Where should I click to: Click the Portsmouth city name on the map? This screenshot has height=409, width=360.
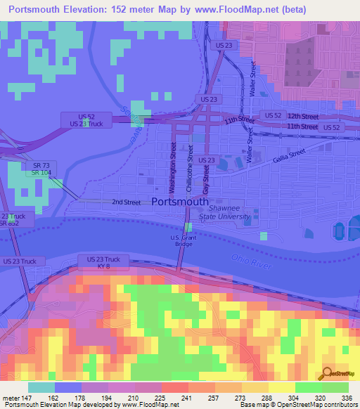[x=180, y=201]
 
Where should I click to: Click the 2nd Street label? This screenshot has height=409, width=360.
[x=126, y=202]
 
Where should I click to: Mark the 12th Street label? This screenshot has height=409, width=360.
[x=303, y=115]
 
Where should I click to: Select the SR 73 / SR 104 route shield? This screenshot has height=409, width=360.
[x=39, y=169]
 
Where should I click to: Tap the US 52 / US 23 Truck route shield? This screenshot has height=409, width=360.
[x=86, y=119]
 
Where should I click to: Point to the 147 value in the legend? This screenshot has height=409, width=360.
[x=28, y=397]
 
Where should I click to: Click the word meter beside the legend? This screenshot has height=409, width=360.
[x=10, y=397]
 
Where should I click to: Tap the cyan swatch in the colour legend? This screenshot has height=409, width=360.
[x=41, y=387]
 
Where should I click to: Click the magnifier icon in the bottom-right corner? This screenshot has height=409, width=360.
[x=327, y=373]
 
